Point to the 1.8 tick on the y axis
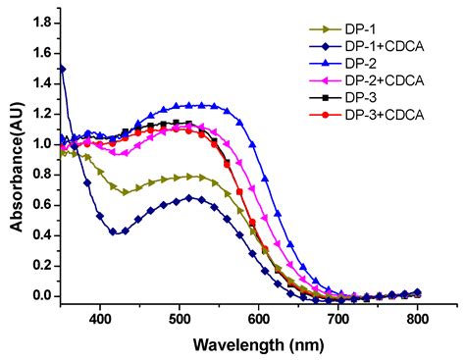tap(41, 21)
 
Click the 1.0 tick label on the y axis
tap(41, 143)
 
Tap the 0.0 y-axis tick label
tap(41, 295)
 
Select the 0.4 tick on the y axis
tap(41, 234)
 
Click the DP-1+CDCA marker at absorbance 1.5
tap(62, 68)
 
